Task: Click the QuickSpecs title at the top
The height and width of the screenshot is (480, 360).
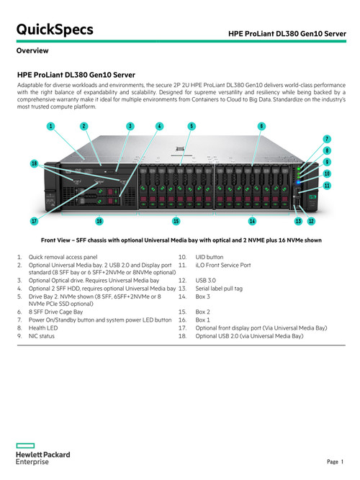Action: click(x=55, y=30)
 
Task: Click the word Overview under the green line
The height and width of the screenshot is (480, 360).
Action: click(x=32, y=50)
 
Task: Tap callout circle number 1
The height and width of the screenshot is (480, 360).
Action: click(x=51, y=126)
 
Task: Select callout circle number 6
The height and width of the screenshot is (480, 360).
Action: click(x=261, y=126)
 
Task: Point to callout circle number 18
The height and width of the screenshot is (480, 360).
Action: click(x=35, y=163)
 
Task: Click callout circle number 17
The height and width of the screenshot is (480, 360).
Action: click(x=35, y=221)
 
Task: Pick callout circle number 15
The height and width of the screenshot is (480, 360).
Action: click(x=176, y=221)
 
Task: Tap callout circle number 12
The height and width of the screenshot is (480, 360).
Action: click(x=311, y=221)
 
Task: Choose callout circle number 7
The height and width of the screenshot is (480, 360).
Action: click(x=327, y=140)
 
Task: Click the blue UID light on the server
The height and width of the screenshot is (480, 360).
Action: click(x=298, y=183)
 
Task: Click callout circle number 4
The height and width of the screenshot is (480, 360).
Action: click(x=159, y=126)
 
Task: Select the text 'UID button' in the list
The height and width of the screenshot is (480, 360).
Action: click(x=210, y=257)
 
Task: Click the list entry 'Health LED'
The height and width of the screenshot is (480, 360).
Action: click(x=43, y=328)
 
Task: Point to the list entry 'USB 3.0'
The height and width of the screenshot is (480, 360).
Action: click(x=206, y=281)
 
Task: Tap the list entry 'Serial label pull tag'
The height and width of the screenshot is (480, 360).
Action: click(x=219, y=289)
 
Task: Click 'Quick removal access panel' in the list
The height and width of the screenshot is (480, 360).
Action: click(x=63, y=257)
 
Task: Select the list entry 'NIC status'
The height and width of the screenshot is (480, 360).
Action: click(x=41, y=336)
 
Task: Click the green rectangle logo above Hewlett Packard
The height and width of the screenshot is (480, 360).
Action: click(x=25, y=445)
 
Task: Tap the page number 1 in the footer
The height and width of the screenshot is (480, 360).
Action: click(x=342, y=461)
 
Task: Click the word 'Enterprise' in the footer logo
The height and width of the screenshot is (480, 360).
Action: click(x=32, y=462)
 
